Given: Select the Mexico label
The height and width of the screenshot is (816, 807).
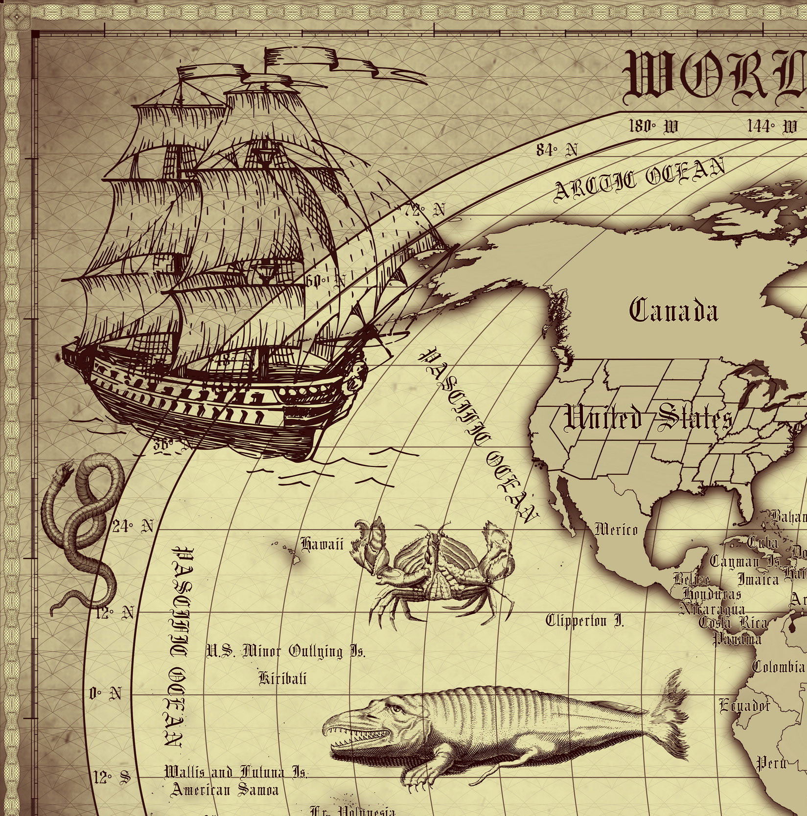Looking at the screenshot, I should click(616, 529).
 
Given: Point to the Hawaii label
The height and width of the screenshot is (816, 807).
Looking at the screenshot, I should click(322, 544).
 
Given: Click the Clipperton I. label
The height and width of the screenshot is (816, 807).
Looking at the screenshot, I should click(585, 621).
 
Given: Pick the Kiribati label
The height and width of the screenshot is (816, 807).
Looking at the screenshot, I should click(282, 678).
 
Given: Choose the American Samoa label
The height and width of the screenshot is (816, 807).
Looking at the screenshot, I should click(225, 789).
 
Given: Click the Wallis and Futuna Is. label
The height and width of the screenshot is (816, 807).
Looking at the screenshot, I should click(236, 773).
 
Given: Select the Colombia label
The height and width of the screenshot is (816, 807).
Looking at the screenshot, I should click(778, 666).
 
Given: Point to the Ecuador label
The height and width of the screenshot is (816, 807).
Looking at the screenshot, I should click(744, 706).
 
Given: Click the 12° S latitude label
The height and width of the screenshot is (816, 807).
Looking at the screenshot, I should click(112, 777).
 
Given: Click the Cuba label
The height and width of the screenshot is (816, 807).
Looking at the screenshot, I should click(762, 542).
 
